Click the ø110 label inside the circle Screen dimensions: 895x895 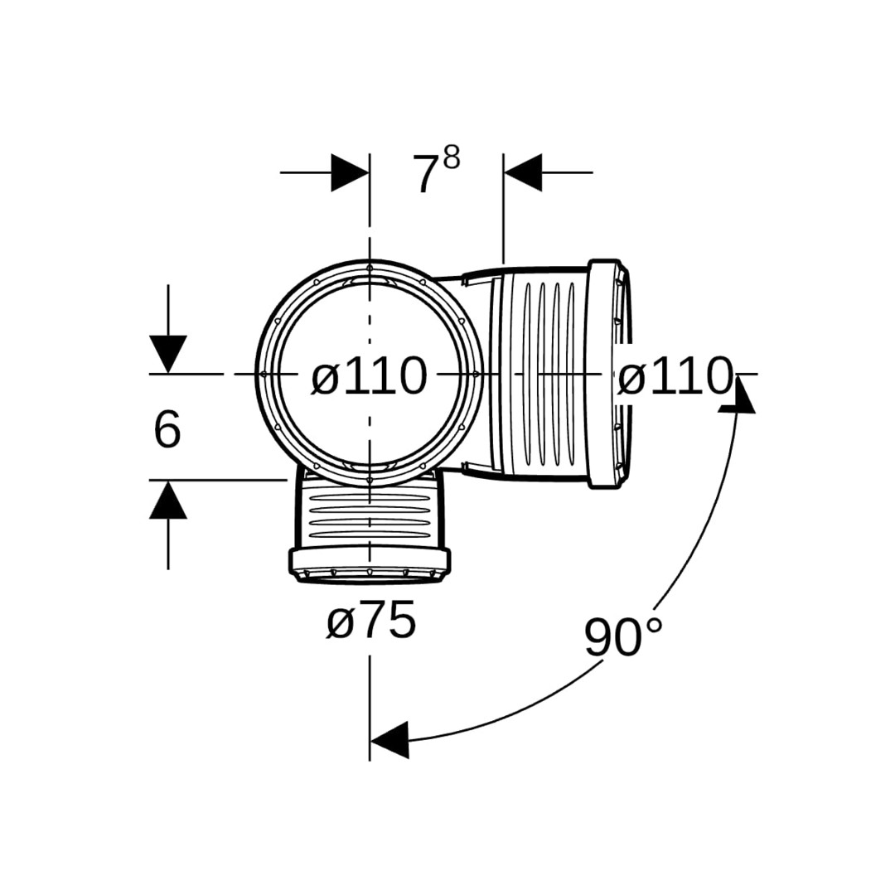pyautogui.click(x=370, y=375)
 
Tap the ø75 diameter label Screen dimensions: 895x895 pyautogui.click(x=371, y=620)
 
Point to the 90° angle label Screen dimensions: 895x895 pyautogui.click(x=623, y=637)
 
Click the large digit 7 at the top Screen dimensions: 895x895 pyautogui.click(x=427, y=174)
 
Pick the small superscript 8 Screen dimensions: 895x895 pyautogui.click(x=452, y=157)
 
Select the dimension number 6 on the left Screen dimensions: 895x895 pyautogui.click(x=167, y=428)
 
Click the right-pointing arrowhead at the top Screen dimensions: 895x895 pyautogui.click(x=350, y=172)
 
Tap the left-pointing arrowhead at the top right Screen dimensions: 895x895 pyautogui.click(x=523, y=172)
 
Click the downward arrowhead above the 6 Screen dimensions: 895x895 pyautogui.click(x=167, y=355)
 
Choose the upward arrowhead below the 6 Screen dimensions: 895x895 pyautogui.click(x=167, y=499)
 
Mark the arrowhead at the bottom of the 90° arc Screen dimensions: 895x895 pyautogui.click(x=389, y=740)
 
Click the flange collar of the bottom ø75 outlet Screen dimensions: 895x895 pyautogui.click(x=370, y=565)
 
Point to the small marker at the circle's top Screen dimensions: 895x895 pyautogui.click(x=370, y=267)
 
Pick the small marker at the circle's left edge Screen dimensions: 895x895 pyautogui.click(x=264, y=374)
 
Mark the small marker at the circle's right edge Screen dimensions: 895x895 pyautogui.click(x=476, y=374)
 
